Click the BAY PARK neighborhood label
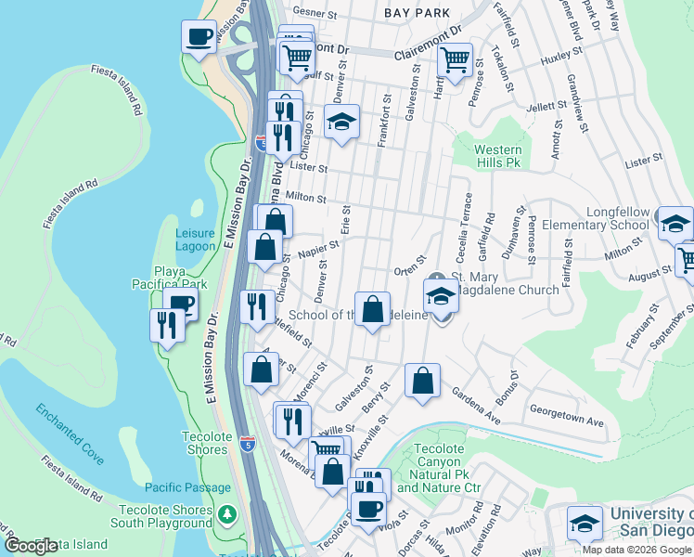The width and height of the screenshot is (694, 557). pos(418,13)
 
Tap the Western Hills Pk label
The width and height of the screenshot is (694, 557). pos(497,156)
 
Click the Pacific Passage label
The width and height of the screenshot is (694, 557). pos(188,487)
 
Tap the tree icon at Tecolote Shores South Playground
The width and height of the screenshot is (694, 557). pos(227,513)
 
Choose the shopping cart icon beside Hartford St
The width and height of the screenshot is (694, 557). pos(455,60)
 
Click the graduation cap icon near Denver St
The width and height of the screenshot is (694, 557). pos(341,122)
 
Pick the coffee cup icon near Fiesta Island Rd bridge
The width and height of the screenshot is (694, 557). pos(198,38)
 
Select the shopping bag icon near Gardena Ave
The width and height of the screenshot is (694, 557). pos(422,381)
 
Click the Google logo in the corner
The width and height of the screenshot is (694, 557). pos(31,546)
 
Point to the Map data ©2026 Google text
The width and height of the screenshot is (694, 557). pos(636,550)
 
